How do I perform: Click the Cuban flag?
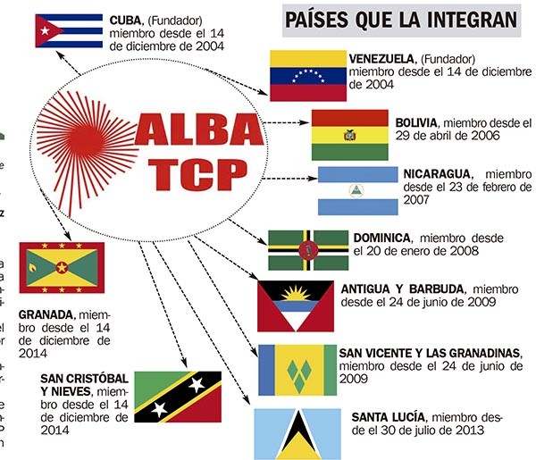point(69,30)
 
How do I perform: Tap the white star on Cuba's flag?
point(45,31)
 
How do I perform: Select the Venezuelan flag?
point(308,76)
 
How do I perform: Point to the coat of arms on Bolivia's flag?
point(349,136)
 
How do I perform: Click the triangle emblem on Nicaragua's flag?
point(356,190)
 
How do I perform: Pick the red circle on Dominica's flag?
point(308,250)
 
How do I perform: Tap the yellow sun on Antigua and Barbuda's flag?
point(296,294)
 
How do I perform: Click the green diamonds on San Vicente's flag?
point(299,375)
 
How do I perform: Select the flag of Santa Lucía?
point(297,434)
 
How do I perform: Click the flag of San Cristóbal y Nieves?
point(178,397)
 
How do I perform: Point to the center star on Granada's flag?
point(62,267)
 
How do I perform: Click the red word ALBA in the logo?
point(199,130)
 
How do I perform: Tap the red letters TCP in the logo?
point(198,175)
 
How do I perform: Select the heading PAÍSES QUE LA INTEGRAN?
point(401,20)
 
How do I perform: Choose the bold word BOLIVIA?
point(417,122)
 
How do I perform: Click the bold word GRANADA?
point(47,314)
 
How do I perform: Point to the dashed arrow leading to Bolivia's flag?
point(287,122)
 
